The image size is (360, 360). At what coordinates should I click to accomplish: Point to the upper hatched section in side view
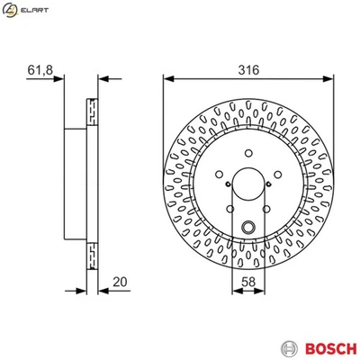pyautogui.click(x=91, y=111)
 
